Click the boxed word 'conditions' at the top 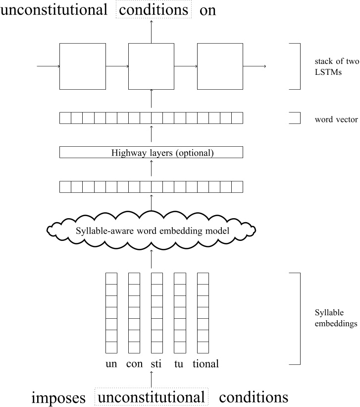[x=154, y=10]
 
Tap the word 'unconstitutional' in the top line [x=54, y=10]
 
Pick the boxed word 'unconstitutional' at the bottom [x=151, y=397]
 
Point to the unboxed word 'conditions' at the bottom [x=253, y=397]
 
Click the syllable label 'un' [x=111, y=364]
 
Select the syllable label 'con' [x=134, y=364]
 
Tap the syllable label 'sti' [x=156, y=364]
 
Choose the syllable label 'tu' [x=179, y=364]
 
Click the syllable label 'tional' [x=206, y=364]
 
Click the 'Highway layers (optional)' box [x=151, y=153]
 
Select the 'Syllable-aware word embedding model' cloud [x=151, y=230]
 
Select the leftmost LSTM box [x=83, y=66]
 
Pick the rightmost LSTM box [x=220, y=66]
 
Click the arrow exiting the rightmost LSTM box [x=255, y=66]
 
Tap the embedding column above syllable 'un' [x=111, y=313]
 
